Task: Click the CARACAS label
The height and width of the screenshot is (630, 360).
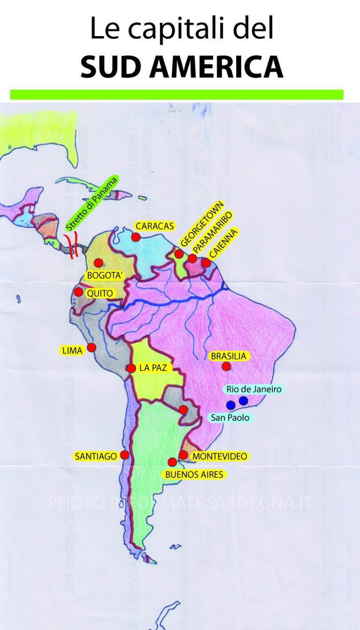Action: click(x=154, y=226)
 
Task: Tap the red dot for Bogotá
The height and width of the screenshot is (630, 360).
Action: click(x=98, y=263)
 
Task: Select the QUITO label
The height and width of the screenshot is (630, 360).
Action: click(x=99, y=293)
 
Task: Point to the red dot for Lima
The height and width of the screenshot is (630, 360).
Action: click(x=92, y=347)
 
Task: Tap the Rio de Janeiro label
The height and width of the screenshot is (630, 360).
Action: click(x=253, y=389)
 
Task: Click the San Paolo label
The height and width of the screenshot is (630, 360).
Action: click(x=230, y=417)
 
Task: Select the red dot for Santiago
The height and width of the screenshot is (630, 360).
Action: click(x=125, y=455)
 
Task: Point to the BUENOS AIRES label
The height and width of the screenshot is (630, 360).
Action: click(x=194, y=474)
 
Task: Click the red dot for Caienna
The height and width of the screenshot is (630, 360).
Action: click(x=206, y=263)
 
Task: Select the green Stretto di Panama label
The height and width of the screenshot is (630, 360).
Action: click(x=92, y=203)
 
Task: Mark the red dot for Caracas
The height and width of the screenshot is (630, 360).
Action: click(x=136, y=237)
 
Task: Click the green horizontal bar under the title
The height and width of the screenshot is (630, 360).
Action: click(x=177, y=95)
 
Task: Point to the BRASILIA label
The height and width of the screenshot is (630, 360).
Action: click(x=228, y=356)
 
